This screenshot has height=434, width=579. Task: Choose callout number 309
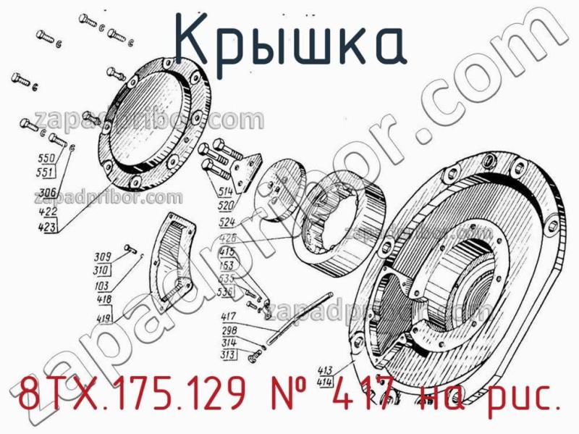coord(101,256)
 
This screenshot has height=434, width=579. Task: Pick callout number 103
coord(101,287)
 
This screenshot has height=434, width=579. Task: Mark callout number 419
coord(104,317)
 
